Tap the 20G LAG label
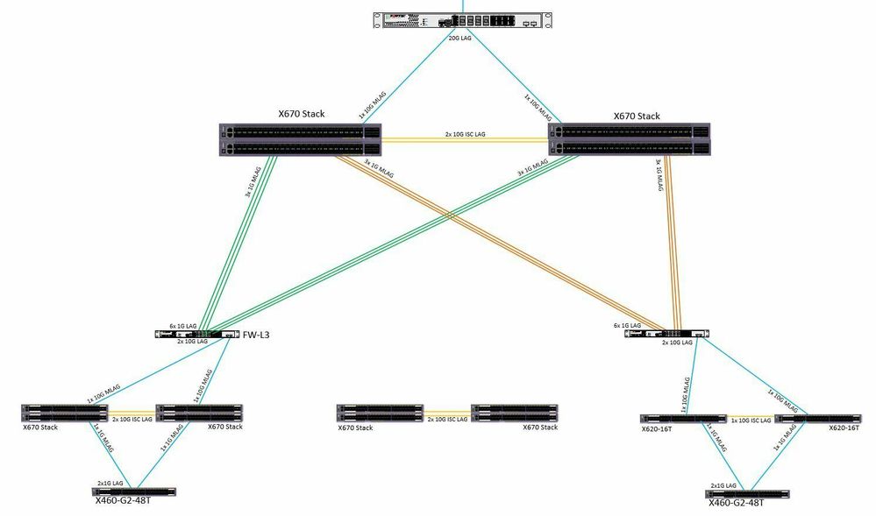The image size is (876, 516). (x=460, y=39)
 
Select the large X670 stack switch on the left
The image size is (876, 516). (x=299, y=140)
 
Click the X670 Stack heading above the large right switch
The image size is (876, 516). (x=636, y=116)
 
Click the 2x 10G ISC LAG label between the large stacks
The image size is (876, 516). (x=466, y=134)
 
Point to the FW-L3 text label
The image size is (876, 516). (x=257, y=335)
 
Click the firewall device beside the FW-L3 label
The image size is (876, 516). (x=197, y=335)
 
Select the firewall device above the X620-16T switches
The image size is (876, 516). (x=666, y=334)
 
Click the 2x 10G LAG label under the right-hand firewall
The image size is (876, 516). (x=676, y=343)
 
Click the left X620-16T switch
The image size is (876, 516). (x=684, y=419)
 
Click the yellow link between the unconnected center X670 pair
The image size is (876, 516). (x=447, y=412)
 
